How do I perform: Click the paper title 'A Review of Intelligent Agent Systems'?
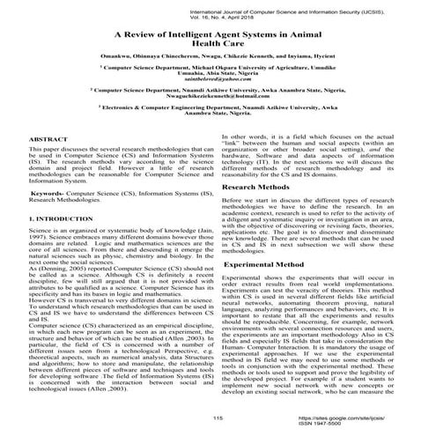pyautogui.click(x=218, y=34)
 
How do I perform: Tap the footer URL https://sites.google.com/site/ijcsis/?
pyautogui.click(x=351, y=418)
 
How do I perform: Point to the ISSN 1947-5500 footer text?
pyautogui.click(x=351, y=424)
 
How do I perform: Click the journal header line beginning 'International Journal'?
pyautogui.click(x=342, y=8)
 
